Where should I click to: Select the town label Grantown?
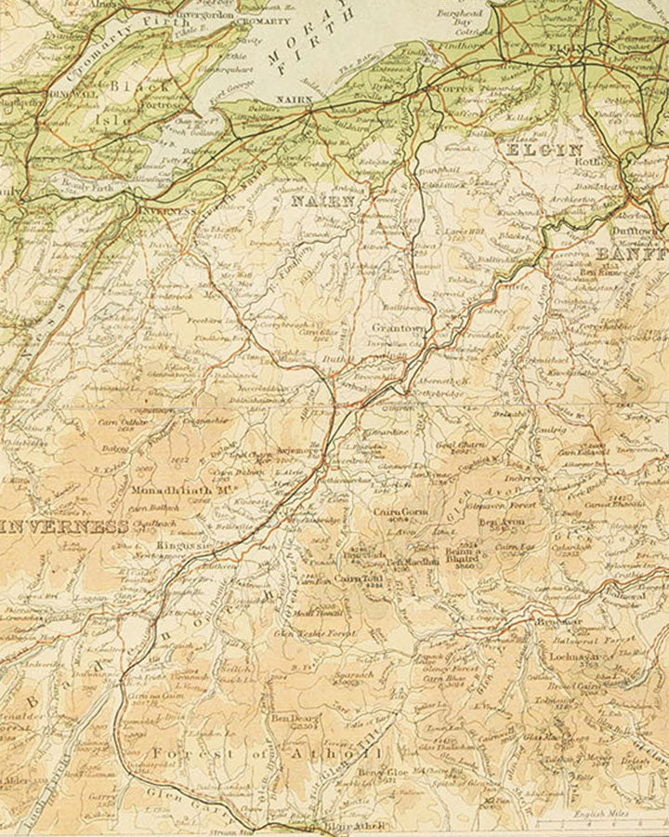pos(398,328)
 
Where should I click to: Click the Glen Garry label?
pos(177,796)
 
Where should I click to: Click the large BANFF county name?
pos(632,253)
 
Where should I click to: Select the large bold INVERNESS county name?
pos(65,526)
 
